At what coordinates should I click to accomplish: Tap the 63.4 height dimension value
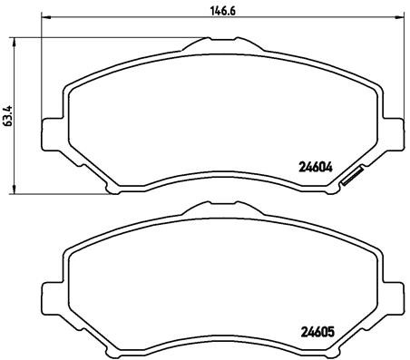[8, 116]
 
